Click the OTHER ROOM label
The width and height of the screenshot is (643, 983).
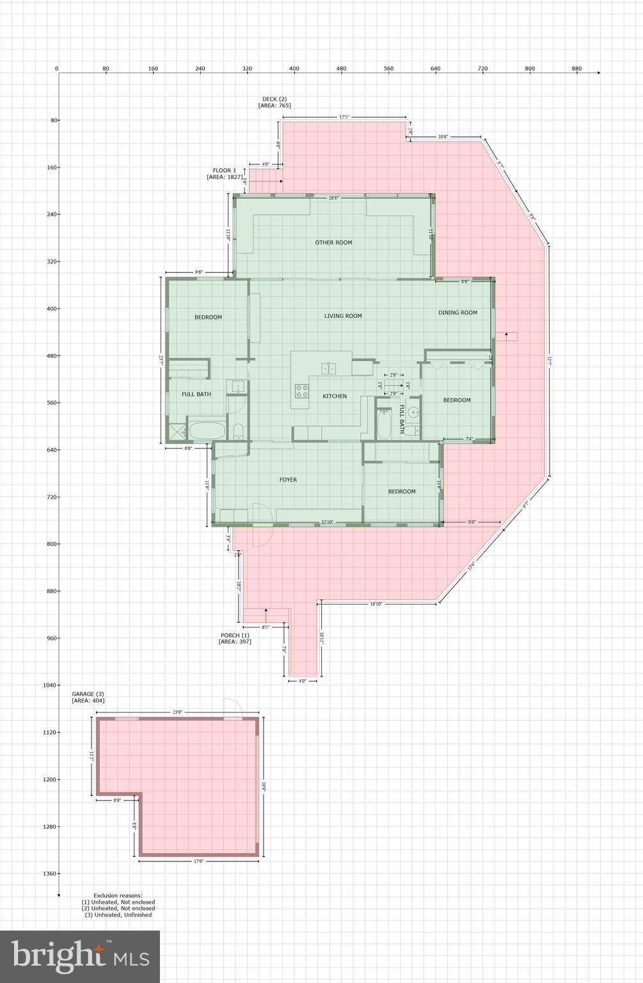(x=333, y=243)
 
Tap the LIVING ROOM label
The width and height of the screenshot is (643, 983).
(x=343, y=316)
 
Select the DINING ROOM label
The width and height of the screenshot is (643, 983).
(x=457, y=312)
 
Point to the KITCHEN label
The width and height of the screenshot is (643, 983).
(x=334, y=396)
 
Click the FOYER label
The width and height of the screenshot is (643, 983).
(x=288, y=479)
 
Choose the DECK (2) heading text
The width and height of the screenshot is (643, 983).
(x=274, y=99)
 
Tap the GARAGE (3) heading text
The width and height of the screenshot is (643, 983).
(x=88, y=694)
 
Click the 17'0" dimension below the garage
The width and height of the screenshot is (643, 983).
(x=198, y=861)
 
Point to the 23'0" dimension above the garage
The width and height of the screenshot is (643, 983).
(x=177, y=712)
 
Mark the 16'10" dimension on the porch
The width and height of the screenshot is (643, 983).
(x=376, y=604)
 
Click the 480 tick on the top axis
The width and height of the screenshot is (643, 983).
(x=342, y=68)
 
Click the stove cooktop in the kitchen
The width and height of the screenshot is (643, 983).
(x=301, y=391)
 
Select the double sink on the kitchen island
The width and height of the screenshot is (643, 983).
(x=329, y=367)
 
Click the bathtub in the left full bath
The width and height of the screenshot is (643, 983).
(x=207, y=430)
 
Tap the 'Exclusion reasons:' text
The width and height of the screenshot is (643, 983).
(x=118, y=895)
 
